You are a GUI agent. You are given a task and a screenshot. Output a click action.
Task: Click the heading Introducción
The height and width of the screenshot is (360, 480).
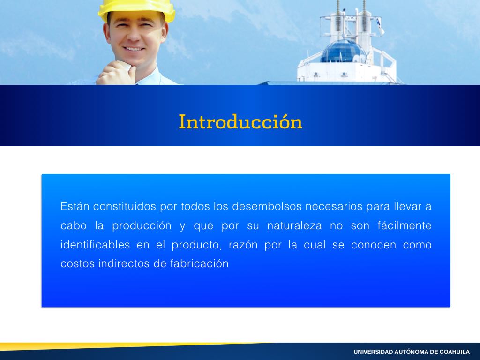(x=240, y=121)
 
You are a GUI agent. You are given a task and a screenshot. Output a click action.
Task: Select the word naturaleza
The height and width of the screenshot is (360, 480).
(x=294, y=225)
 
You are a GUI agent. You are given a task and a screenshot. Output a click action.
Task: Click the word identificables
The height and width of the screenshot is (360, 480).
(x=95, y=245)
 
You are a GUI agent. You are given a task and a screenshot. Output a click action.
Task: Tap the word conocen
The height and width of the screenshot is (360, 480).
(x=374, y=245)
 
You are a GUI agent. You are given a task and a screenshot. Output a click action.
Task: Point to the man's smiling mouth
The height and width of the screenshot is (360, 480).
(x=134, y=49)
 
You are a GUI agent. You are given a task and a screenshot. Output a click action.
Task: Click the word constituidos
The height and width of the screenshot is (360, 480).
(x=125, y=206)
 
